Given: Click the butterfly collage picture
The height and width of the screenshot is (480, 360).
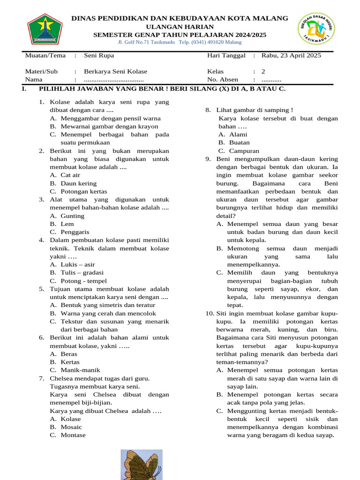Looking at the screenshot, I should click(x=142, y=464).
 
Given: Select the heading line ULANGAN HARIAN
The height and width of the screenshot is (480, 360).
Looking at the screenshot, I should click(x=180, y=27).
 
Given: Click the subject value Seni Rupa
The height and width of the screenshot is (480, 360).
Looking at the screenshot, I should click(x=99, y=55).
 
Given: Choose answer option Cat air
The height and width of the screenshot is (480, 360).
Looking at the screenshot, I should click(x=70, y=175).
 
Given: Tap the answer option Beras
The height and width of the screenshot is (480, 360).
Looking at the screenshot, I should click(x=69, y=354).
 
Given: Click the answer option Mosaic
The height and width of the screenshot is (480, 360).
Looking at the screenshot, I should click(x=71, y=427).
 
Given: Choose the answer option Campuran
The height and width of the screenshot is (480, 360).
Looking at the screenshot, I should click(x=244, y=151).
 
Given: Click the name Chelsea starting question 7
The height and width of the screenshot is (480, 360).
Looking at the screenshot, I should click(x=62, y=378).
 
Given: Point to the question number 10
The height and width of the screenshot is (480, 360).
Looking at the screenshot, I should click(x=210, y=313).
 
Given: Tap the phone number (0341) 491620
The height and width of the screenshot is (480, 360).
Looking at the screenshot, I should click(x=211, y=42).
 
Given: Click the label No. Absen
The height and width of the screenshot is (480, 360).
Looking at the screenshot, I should click(x=223, y=80).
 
